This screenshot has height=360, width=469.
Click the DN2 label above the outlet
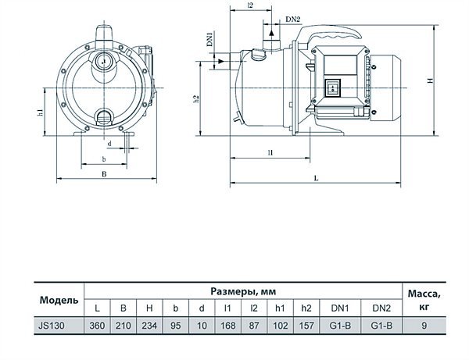(292, 20)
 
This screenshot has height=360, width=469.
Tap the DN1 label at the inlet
(209, 39)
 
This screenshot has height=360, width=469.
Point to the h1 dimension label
(40, 112)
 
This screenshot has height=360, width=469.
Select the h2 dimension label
(196, 99)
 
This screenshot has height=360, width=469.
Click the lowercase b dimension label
(104, 159)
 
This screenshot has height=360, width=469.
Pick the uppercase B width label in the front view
(104, 174)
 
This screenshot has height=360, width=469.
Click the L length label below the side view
(316, 178)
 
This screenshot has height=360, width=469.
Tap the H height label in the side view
(430, 80)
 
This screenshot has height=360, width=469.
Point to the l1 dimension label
(270, 152)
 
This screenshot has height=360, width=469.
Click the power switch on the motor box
(333, 88)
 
